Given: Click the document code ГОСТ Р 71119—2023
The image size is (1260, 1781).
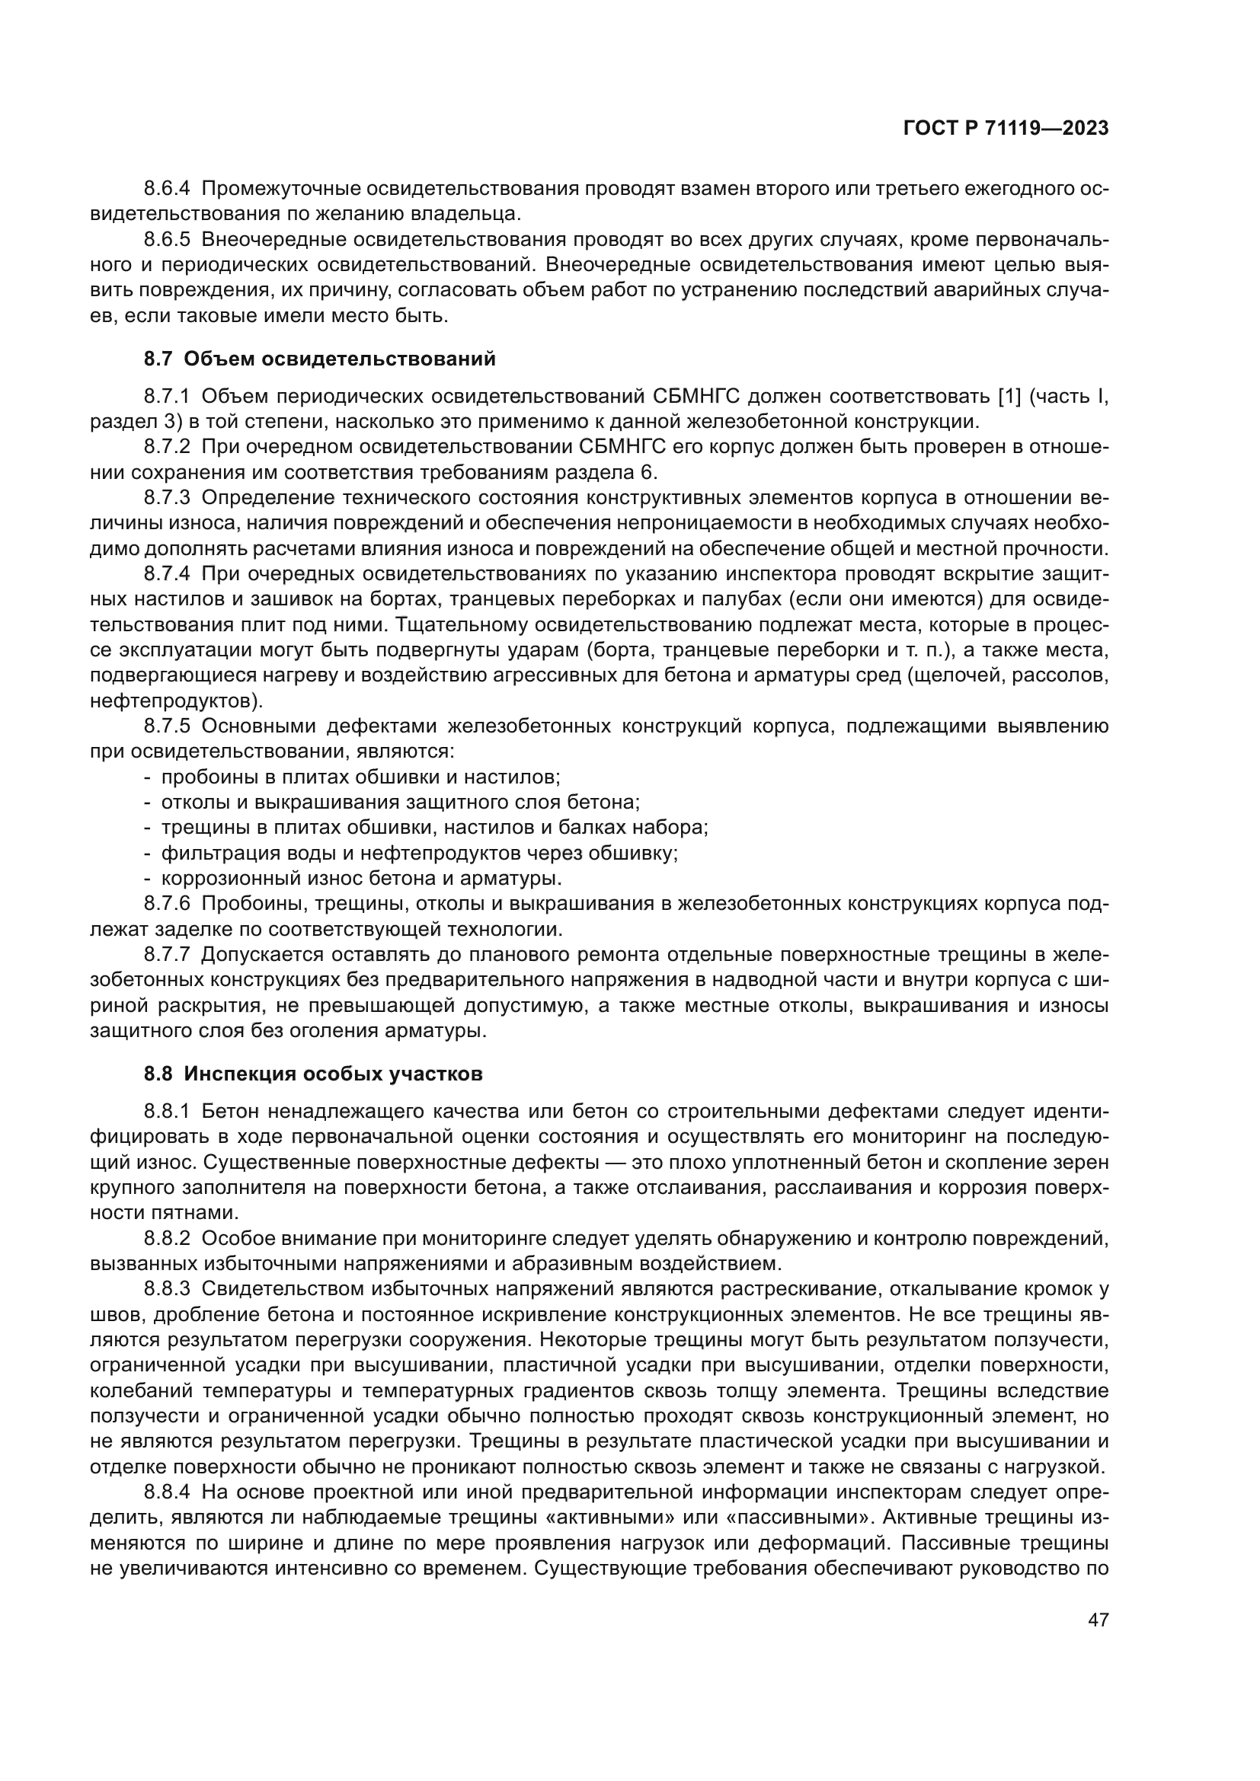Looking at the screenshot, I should coord(1006,129).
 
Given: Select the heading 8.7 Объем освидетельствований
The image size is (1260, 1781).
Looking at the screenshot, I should coord(319,359).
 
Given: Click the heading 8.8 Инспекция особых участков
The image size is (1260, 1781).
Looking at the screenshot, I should coord(312,1074).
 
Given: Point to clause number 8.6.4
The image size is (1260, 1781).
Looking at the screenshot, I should coord(167,189).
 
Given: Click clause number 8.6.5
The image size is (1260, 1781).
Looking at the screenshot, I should coord(167,240).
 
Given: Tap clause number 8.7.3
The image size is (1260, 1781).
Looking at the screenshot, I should coord(167,498).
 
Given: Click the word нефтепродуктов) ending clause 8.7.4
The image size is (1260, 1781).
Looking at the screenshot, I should coord(177,701).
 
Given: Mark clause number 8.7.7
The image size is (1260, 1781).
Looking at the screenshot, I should coord(167,955).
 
